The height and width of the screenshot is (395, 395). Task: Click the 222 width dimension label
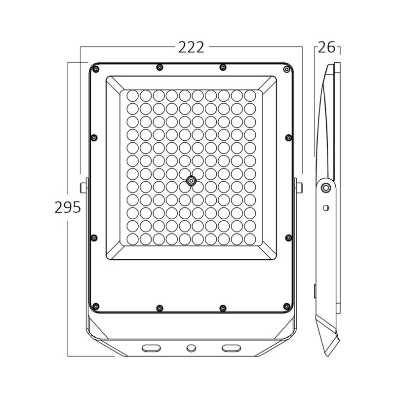(191, 47)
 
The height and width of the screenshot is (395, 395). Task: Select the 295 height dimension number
(67, 207)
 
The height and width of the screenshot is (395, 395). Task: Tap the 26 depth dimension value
(325, 47)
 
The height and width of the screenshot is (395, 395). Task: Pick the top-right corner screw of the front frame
(286, 70)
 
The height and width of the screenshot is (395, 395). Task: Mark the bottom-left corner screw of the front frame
(96, 305)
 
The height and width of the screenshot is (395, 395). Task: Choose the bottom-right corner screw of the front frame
(286, 306)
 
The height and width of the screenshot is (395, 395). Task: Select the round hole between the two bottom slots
(191, 348)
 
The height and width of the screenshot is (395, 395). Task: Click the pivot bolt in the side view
(325, 188)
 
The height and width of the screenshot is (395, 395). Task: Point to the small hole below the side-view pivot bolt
(325, 207)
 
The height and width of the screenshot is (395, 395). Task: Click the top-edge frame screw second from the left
(158, 67)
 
